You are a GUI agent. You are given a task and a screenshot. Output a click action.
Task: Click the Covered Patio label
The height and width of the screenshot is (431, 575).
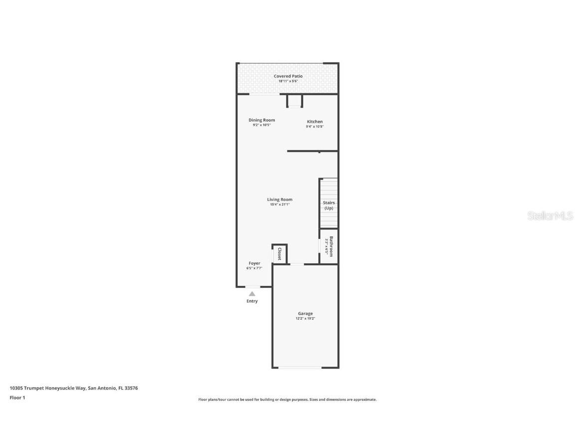(288, 76)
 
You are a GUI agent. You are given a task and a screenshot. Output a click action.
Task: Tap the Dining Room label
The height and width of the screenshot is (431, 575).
(262, 120)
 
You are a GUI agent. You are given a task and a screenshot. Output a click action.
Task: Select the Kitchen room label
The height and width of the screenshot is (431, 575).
(314, 122)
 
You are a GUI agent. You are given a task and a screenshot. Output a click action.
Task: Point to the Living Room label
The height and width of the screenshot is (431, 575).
(280, 200)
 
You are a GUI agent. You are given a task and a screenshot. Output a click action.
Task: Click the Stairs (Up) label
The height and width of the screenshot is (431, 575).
(328, 205)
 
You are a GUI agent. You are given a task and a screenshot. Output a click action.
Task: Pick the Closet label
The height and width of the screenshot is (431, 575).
(280, 253)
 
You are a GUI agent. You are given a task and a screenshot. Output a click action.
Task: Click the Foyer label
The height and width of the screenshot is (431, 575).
(255, 263)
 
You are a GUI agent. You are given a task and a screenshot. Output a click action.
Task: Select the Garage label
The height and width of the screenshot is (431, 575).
(305, 314)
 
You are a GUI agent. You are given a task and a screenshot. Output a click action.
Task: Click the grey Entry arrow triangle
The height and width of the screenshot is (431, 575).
(252, 294)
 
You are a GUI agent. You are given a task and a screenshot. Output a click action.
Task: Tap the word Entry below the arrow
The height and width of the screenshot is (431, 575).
(252, 301)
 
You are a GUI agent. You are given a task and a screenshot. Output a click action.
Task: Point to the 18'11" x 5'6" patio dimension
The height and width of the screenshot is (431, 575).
(288, 81)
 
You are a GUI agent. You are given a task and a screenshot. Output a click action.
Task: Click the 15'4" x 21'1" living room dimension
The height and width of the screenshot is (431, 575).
(280, 204)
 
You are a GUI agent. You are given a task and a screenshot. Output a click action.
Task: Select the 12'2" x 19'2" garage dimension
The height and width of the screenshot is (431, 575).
(305, 318)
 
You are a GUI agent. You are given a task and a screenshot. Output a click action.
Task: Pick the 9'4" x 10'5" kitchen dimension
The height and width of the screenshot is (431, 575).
(314, 127)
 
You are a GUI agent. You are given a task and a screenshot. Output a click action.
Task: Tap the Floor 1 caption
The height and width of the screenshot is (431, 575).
(17, 398)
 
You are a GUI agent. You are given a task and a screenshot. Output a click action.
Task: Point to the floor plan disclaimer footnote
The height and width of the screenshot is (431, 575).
(287, 400)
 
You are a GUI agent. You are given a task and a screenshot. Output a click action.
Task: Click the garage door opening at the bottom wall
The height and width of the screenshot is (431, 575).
(300, 368)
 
